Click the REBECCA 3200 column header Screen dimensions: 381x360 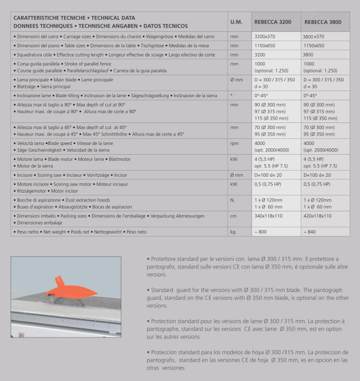coord(273,22)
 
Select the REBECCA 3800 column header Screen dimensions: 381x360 coord(322,22)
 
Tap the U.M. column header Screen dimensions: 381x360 coord(237,22)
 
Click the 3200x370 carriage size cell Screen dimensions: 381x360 coord(265,36)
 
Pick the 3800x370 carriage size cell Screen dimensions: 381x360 coord(314,36)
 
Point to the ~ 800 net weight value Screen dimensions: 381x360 coord(260,232)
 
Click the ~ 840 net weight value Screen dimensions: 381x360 coord(309,232)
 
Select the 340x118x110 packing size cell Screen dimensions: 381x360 coord(269,216)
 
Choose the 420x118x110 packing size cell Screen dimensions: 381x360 coord(317,216)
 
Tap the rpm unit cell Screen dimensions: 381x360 coord(235,143)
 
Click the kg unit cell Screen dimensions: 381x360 coord(233,232)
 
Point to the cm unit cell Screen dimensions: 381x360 coord(234,216)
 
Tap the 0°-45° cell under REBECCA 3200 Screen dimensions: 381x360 coord(262,96)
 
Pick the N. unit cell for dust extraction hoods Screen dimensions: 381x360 coord(233,200)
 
